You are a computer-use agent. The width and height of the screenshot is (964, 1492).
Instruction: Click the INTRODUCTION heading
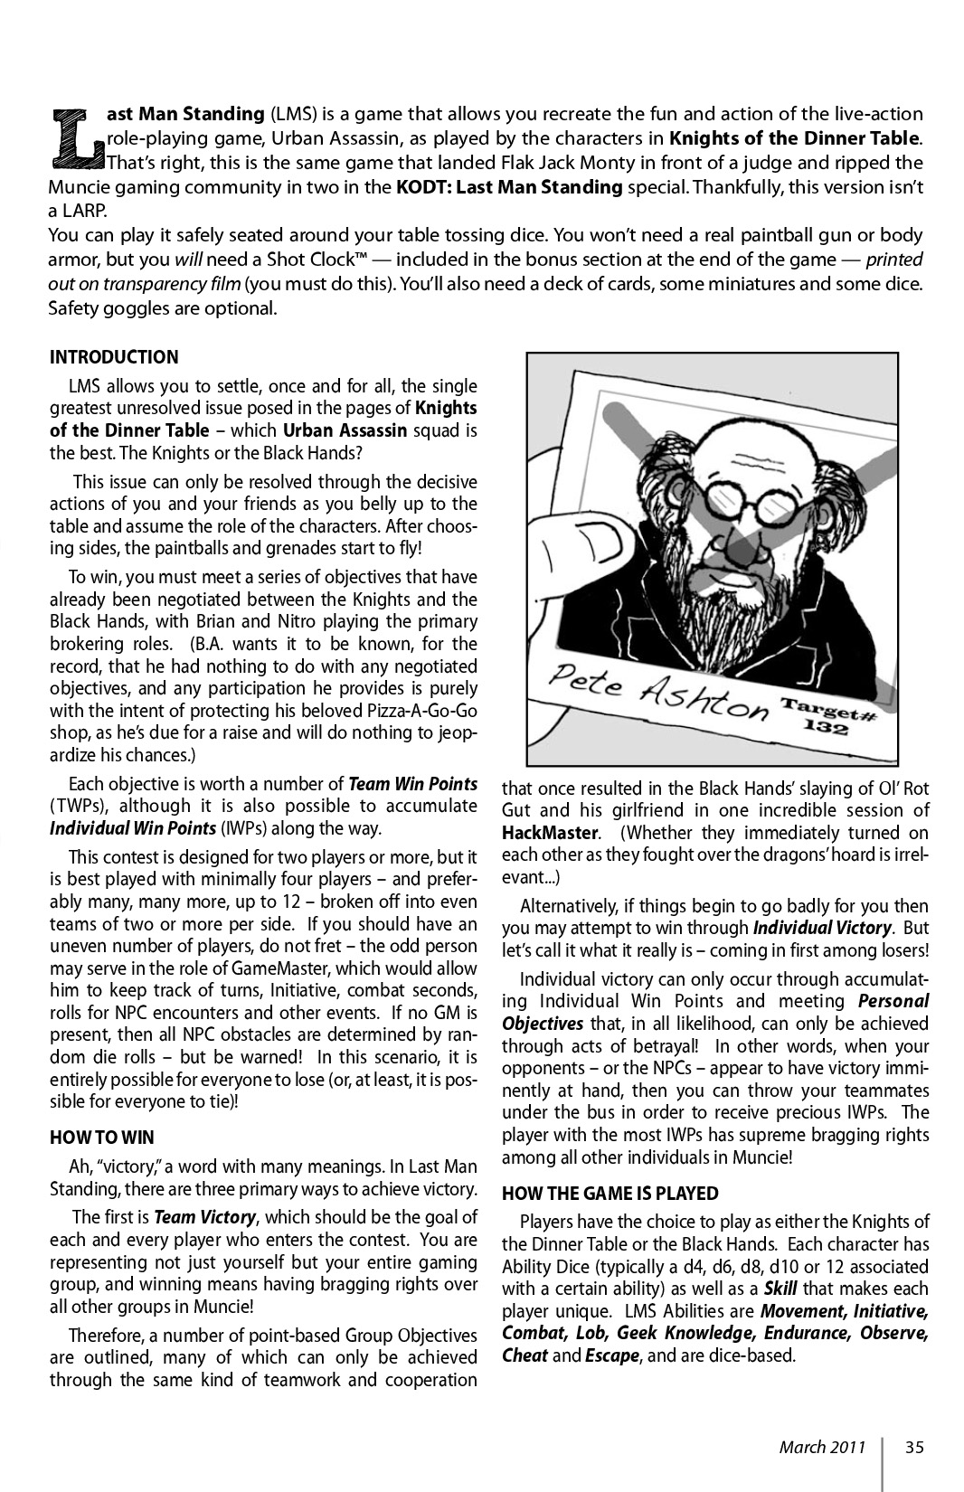[114, 357]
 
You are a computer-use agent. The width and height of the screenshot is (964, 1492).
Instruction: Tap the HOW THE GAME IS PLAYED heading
[610, 1193]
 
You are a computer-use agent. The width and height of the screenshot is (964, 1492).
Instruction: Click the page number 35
[914, 1447]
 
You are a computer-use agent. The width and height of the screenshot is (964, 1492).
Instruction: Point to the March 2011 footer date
[823, 1447]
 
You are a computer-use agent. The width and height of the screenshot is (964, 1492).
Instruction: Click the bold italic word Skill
[780, 1289]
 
